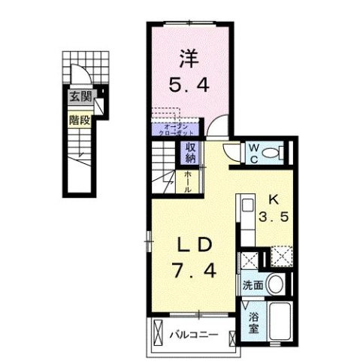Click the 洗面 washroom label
(x=252, y=287)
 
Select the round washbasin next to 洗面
(x=275, y=287)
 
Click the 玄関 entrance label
(x=81, y=97)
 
